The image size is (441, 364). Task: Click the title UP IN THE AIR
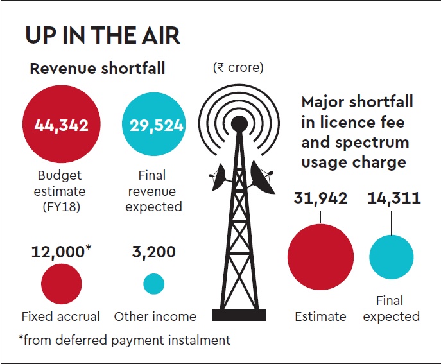point(103,35)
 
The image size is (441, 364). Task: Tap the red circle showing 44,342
point(61,125)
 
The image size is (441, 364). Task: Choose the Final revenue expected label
point(153,191)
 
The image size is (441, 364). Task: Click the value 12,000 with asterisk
point(62,252)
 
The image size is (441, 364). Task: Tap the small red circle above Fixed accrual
point(62,284)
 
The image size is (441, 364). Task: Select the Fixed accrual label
point(61,316)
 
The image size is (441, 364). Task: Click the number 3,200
point(153,252)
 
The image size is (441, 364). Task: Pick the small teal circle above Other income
point(153,284)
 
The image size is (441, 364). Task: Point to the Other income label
point(155,316)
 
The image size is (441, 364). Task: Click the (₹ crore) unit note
point(238,67)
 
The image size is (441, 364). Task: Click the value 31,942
point(321,198)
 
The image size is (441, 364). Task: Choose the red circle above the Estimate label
point(320,257)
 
